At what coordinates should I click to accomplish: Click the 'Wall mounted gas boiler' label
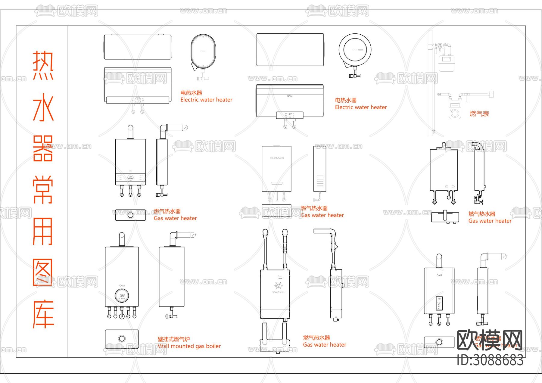[189, 346]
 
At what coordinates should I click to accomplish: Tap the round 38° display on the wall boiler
[122, 296]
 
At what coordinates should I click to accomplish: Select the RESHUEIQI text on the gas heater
[277, 158]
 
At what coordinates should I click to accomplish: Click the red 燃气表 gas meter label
[479, 114]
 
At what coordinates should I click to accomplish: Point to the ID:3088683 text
[490, 360]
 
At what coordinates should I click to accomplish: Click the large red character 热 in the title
[43, 65]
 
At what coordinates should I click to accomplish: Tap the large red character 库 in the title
[43, 314]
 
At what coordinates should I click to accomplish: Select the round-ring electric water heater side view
[355, 50]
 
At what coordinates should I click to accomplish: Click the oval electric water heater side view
[203, 52]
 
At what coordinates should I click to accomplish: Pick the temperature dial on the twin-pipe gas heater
[278, 286]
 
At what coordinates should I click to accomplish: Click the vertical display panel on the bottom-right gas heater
[439, 303]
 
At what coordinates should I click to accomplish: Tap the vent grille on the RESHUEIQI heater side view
[320, 180]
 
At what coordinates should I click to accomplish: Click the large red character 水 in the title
[43, 107]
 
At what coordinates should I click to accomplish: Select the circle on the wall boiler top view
[122, 339]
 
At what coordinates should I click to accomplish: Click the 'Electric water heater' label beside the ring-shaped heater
[361, 107]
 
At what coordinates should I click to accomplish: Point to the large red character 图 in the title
[43, 272]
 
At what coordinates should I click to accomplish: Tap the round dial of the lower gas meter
[455, 114]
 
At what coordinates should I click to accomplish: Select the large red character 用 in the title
[43, 231]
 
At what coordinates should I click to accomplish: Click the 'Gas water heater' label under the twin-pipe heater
[325, 345]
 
